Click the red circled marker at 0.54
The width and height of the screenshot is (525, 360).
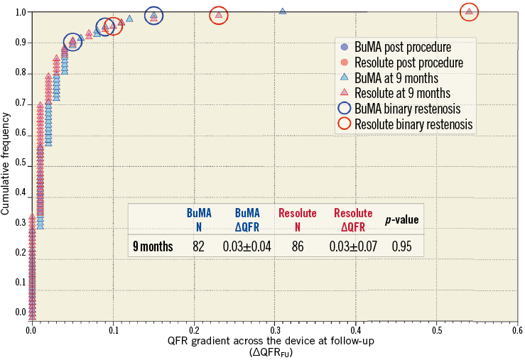pyautogui.click(x=469, y=12)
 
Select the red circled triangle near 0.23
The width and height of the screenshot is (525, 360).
pyautogui.click(x=219, y=15)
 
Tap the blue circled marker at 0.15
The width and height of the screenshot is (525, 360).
pyautogui.click(x=153, y=16)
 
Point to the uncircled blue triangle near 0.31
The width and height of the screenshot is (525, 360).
pyautogui.click(x=283, y=11)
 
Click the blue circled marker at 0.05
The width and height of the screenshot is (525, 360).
pyautogui.click(x=72, y=43)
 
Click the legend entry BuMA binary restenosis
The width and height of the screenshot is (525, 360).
pyautogui.click(x=408, y=109)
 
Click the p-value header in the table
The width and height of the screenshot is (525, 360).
pyautogui.click(x=401, y=220)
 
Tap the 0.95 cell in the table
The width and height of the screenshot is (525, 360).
pyautogui.click(x=401, y=246)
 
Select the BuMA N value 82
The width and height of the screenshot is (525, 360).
pyautogui.click(x=199, y=246)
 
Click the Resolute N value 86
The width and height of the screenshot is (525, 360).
pyautogui.click(x=296, y=246)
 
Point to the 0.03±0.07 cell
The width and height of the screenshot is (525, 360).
pyautogui.click(x=352, y=246)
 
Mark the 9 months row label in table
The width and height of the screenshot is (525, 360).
pyautogui.click(x=153, y=246)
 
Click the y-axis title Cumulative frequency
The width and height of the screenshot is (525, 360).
pyautogui.click(x=6, y=167)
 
